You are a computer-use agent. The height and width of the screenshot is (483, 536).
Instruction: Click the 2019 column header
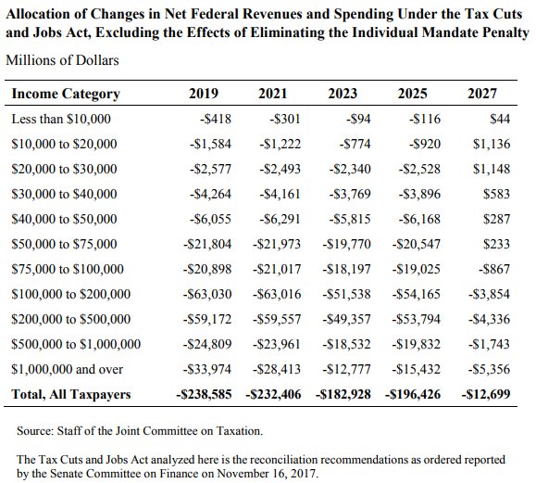click(204, 95)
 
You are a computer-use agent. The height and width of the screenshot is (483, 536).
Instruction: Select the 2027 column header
click(481, 95)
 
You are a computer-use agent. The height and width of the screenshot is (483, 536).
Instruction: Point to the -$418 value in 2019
click(218, 120)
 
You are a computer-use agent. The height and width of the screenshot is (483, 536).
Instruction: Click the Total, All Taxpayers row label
click(70, 394)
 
